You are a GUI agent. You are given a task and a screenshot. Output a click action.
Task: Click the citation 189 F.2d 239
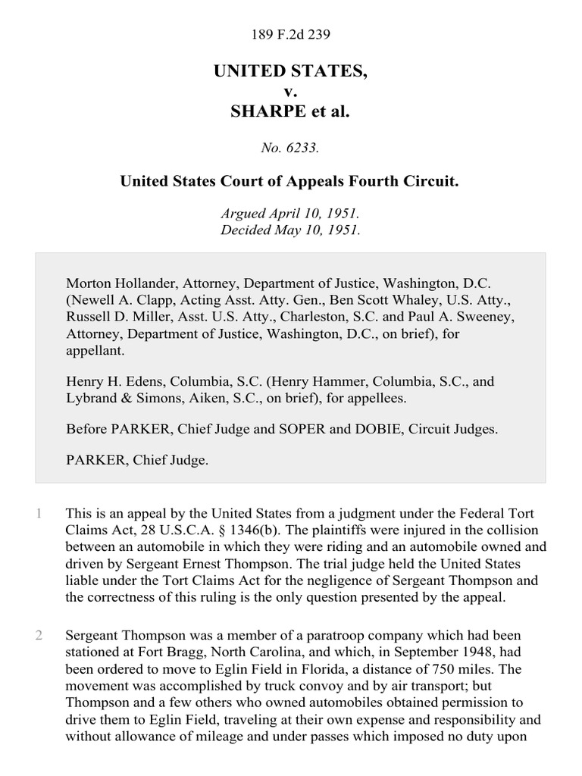[x=291, y=34]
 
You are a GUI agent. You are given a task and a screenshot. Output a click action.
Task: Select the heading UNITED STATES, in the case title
[x=291, y=71]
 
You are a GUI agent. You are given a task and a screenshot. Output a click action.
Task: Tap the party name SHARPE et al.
[x=291, y=111]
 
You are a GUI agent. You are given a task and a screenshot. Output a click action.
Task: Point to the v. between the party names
[x=291, y=92]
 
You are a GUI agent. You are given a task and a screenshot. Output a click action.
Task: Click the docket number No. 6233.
[x=291, y=149]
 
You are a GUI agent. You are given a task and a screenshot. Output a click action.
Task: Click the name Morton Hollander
[x=121, y=283]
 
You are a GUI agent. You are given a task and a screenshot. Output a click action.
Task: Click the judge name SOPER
[x=302, y=429]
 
